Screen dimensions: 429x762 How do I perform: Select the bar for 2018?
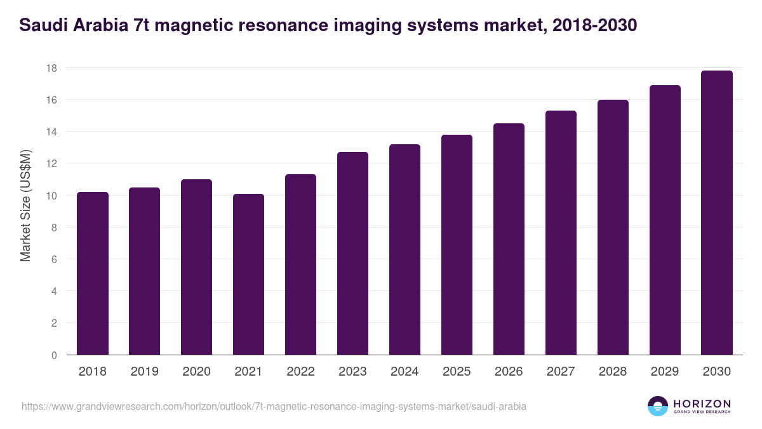93,273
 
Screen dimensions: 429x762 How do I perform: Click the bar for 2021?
248,275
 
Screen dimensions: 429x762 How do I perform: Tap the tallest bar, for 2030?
717,213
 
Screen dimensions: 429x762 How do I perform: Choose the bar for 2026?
509,239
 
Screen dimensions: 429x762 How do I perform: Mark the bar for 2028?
613,227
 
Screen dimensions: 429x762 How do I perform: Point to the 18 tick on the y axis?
53,68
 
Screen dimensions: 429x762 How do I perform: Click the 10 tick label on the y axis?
53,196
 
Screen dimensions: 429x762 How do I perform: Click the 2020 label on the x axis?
196,372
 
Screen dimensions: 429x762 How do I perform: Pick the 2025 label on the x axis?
457,372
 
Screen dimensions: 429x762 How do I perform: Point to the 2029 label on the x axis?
665,372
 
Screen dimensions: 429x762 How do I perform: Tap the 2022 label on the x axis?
300,372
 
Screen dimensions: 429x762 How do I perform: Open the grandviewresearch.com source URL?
274,406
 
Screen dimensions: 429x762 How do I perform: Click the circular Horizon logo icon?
658,406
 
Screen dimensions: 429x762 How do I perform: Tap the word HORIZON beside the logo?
702,404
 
